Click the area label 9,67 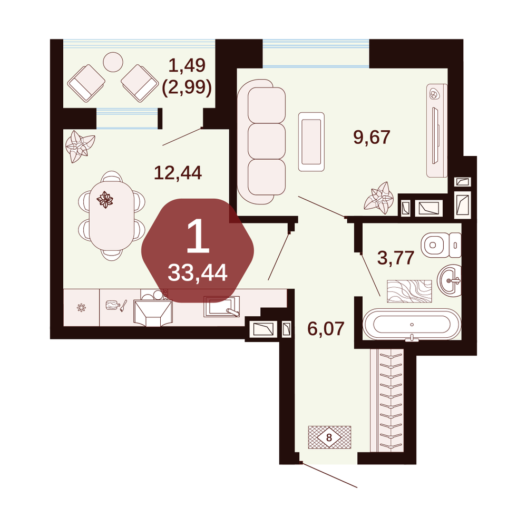tap(372, 138)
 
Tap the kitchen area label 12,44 tap(178, 173)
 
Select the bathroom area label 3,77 tap(396, 258)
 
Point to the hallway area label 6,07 tap(326, 328)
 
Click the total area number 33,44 tap(198, 272)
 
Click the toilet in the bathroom tap(441, 245)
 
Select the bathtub tap(412, 325)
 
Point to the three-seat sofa tap(262, 141)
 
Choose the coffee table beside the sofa tap(311, 142)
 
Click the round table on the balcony tap(113, 62)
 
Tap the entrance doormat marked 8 tap(330, 437)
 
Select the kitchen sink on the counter tap(222, 306)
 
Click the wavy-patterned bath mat tap(409, 291)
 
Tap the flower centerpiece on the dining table tap(105, 200)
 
